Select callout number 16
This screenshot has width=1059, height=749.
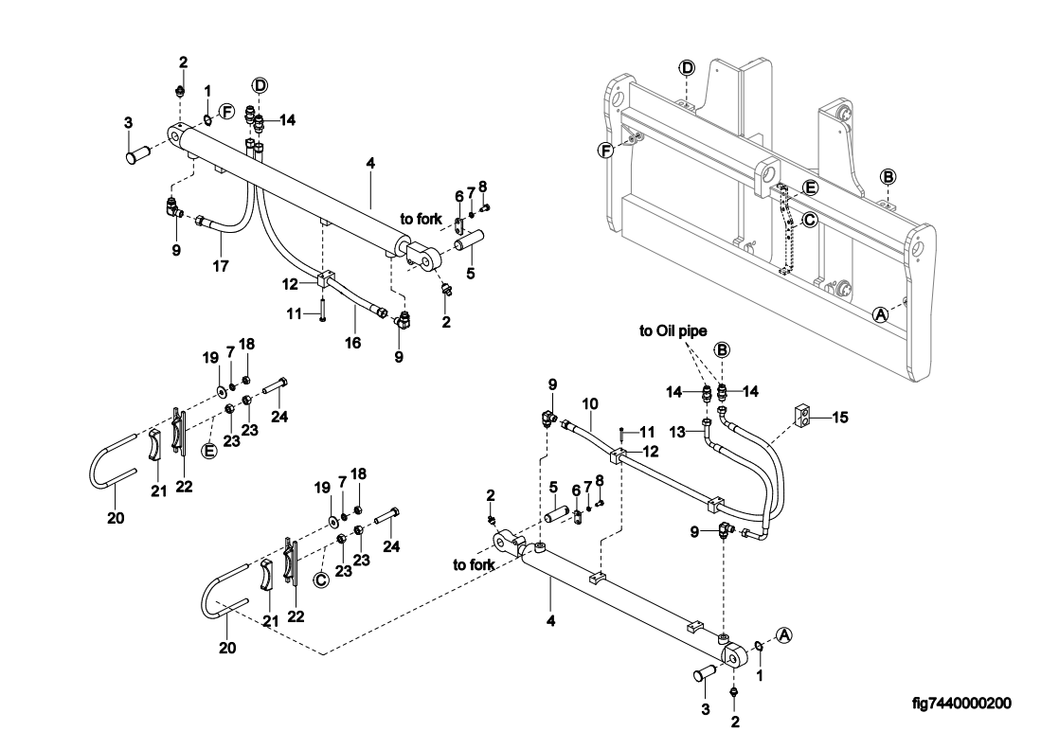[352, 342]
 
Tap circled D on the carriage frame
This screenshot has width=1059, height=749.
[688, 68]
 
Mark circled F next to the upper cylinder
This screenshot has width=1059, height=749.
[226, 112]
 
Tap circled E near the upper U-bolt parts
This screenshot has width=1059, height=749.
[210, 451]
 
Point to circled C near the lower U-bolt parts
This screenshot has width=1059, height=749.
[321, 578]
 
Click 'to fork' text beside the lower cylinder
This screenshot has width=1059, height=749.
[473, 564]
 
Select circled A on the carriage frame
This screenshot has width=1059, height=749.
[880, 313]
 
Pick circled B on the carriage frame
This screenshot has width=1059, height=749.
[888, 177]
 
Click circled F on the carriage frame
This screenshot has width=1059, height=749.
[605, 150]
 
